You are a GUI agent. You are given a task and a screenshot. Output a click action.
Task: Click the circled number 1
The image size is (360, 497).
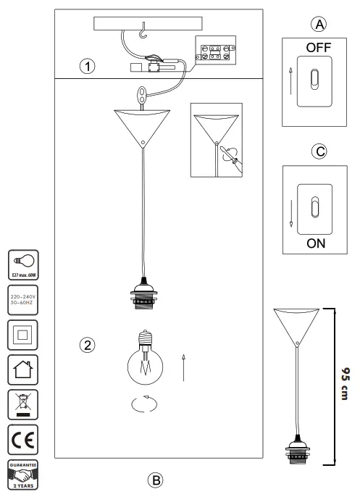point(86,67)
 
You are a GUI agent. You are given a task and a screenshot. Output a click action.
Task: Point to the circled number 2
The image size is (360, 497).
point(88,344)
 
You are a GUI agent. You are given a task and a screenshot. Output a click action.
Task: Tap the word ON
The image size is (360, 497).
point(317,243)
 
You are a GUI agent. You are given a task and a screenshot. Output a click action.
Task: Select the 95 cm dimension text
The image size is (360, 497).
point(347,385)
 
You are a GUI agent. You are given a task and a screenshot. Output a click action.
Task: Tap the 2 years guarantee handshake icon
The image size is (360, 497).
point(21,475)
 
